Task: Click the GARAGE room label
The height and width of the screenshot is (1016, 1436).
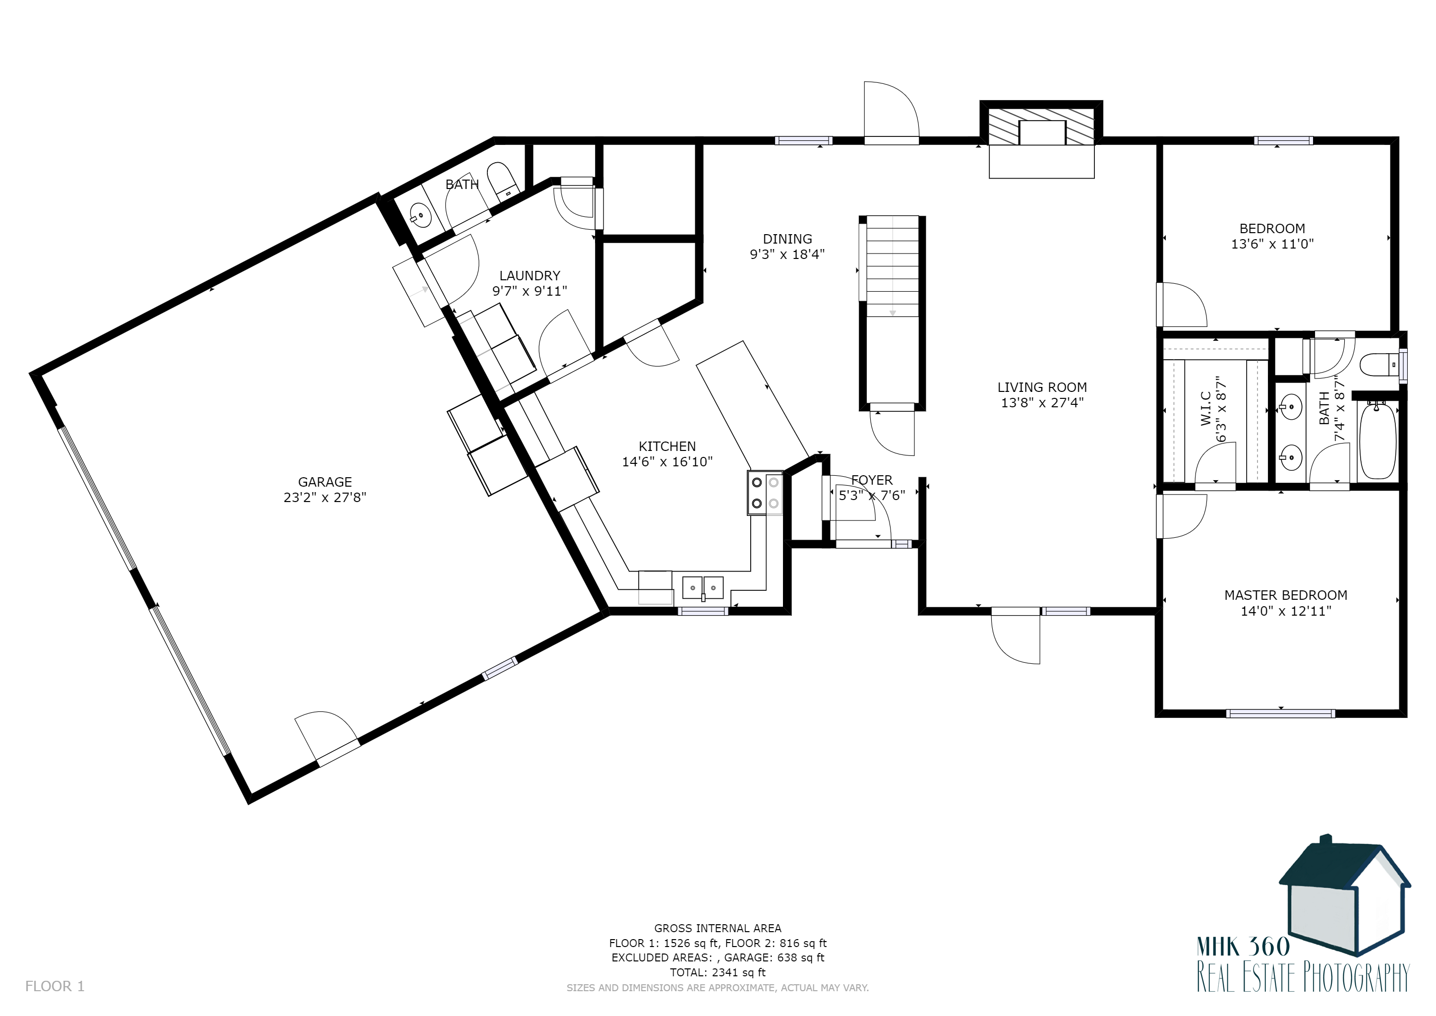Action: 325,482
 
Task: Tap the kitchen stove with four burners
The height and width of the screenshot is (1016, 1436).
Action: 765,493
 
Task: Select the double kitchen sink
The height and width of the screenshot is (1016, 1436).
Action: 703,588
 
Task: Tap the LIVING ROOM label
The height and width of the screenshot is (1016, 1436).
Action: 1042,387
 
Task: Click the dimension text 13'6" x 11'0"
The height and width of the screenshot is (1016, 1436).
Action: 1272,244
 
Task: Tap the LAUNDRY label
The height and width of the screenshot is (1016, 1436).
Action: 530,276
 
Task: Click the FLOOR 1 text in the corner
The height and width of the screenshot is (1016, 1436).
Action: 55,987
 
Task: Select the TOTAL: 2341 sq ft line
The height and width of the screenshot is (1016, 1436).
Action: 718,972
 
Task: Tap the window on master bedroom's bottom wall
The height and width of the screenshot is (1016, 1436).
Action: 1281,713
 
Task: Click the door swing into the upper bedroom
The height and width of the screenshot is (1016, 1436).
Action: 1182,305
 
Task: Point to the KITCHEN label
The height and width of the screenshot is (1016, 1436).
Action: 667,446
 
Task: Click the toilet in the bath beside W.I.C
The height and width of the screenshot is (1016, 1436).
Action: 1380,365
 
